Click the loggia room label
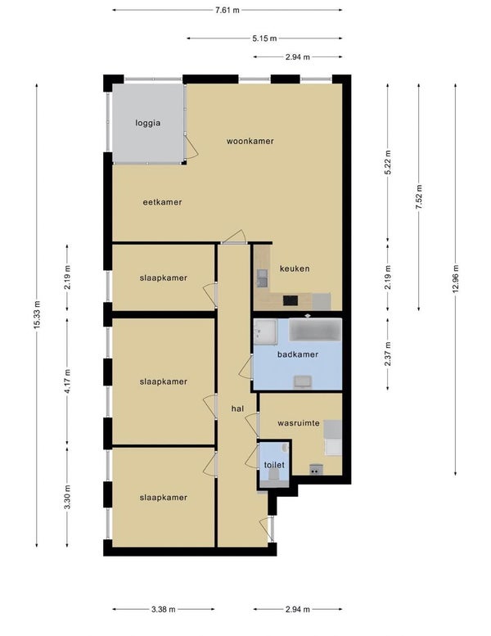(x=148, y=123)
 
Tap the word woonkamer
(x=250, y=141)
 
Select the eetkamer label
(x=162, y=202)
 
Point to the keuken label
(x=295, y=268)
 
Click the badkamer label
(x=298, y=354)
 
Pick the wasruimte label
(x=299, y=423)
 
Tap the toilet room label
(x=274, y=465)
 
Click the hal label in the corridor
(x=237, y=408)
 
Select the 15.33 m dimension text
(x=37, y=315)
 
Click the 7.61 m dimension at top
(x=227, y=10)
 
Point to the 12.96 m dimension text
(x=456, y=278)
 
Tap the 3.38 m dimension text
(x=164, y=609)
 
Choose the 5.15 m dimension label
(x=264, y=38)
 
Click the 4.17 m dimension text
(x=67, y=381)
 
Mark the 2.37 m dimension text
(x=388, y=354)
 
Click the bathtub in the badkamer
(x=315, y=329)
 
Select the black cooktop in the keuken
(x=291, y=300)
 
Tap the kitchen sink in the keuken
(x=262, y=278)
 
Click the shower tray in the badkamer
(x=266, y=332)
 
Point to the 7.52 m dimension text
(x=419, y=196)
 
